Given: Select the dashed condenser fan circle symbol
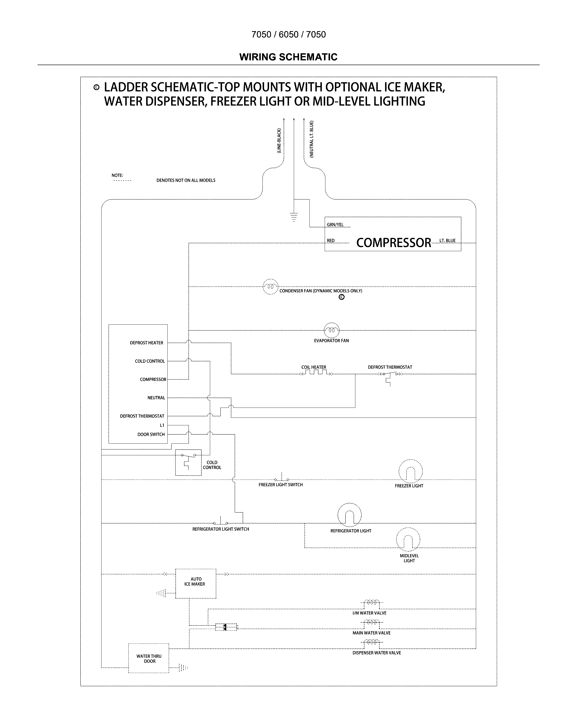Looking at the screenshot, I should pos(271,286).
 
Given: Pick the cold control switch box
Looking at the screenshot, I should pos(188,462).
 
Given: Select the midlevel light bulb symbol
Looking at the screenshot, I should pos(408,539).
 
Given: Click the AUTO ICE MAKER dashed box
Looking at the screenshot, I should pos(196,584).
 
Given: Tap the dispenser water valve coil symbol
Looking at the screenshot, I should pos(372,642).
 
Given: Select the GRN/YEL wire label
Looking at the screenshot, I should pos(335,225).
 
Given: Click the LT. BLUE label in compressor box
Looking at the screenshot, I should pos(447,240).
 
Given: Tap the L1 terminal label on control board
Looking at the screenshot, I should pos(162,425).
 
